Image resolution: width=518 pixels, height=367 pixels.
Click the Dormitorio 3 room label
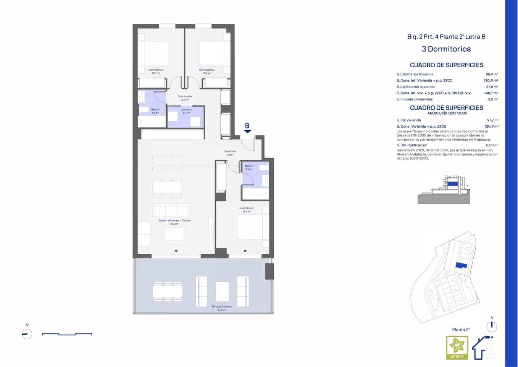coord(156,70)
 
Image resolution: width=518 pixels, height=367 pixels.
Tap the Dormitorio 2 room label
coord(207,70)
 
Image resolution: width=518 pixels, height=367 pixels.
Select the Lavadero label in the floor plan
coord(186,110)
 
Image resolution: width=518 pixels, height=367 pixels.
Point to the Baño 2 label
coord(155,110)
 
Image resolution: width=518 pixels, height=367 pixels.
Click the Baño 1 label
coord(249,166)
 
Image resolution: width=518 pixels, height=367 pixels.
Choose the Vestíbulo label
coord(230,151)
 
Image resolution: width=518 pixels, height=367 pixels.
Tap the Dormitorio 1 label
coord(247,208)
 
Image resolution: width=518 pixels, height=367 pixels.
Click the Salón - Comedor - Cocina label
coord(174,221)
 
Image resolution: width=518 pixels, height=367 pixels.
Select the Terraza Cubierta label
coord(222,307)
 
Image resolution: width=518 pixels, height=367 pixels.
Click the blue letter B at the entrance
coord(247,126)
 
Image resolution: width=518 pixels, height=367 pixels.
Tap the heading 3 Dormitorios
coord(446,49)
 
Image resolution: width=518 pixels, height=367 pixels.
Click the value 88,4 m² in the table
coord(491,75)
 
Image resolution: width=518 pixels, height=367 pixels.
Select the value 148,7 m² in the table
coord(491,93)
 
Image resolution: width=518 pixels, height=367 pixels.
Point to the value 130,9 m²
coord(491,126)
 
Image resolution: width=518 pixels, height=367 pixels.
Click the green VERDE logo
coord(457,348)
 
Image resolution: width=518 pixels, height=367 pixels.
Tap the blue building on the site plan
coord(461,266)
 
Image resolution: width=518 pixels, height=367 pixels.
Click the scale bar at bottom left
coord(67,335)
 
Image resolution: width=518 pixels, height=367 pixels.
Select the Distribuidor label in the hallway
coord(185,97)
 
